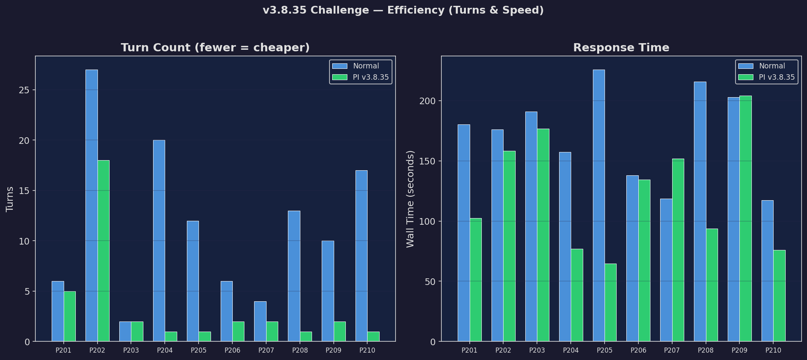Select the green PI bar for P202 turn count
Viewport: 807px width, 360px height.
(x=103, y=251)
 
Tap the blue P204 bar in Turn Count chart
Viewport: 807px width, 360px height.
(x=159, y=241)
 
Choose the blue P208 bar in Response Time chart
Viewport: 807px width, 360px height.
(x=700, y=211)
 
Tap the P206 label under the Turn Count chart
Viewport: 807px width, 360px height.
(x=232, y=350)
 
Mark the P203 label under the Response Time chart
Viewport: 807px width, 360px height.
(x=537, y=350)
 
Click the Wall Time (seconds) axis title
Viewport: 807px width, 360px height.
(x=410, y=199)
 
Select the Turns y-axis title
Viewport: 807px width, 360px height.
(x=10, y=199)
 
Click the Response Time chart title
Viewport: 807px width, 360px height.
(x=621, y=48)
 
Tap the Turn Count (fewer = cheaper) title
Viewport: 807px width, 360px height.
(x=215, y=48)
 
